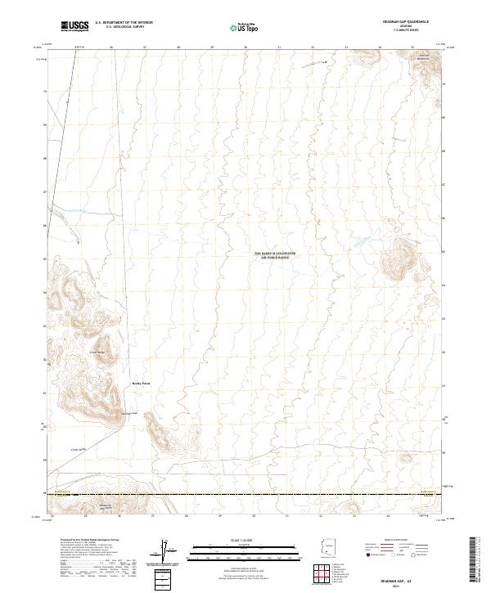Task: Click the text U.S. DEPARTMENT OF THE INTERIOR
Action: coord(124,22)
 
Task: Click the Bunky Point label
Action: coord(142,383)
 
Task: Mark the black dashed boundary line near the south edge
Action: coord(245,493)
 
